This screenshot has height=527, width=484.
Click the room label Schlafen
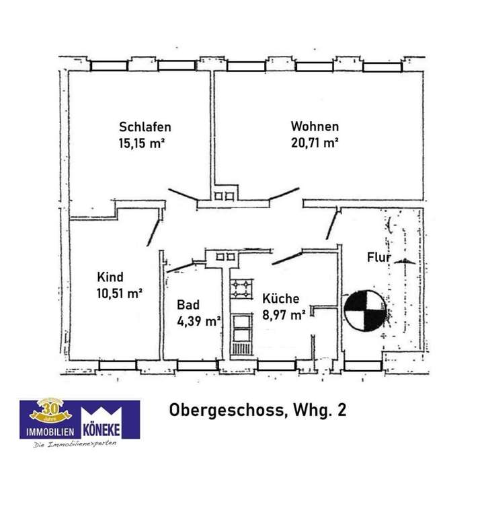145,127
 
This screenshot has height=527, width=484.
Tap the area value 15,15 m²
142,143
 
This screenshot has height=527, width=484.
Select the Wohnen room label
315,126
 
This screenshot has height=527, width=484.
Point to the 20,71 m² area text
314,143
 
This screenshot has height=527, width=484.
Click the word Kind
110,276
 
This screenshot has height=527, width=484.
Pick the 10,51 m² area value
119,292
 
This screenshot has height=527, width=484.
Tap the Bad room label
188,305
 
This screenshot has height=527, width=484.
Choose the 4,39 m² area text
198,321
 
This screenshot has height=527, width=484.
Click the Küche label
281,299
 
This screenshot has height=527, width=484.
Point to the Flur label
378,257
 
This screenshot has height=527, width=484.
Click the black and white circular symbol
362,310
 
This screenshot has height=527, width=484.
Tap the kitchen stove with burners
241,289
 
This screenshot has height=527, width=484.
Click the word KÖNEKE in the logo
110,429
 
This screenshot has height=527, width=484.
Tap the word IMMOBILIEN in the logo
50,429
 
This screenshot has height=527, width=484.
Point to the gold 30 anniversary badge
50,409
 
